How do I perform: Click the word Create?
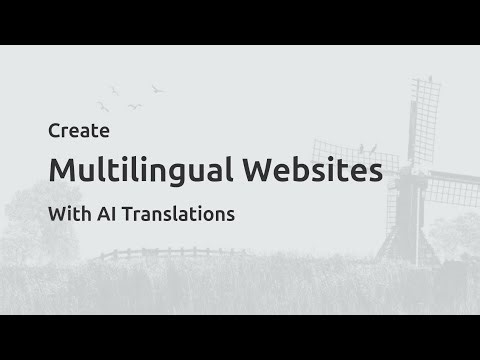[71, 131]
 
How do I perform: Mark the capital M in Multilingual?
[61, 170]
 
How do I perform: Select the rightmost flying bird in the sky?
[156, 89]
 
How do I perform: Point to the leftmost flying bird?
[101, 103]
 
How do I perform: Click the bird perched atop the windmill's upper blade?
[430, 77]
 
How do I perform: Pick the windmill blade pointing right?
[455, 189]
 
